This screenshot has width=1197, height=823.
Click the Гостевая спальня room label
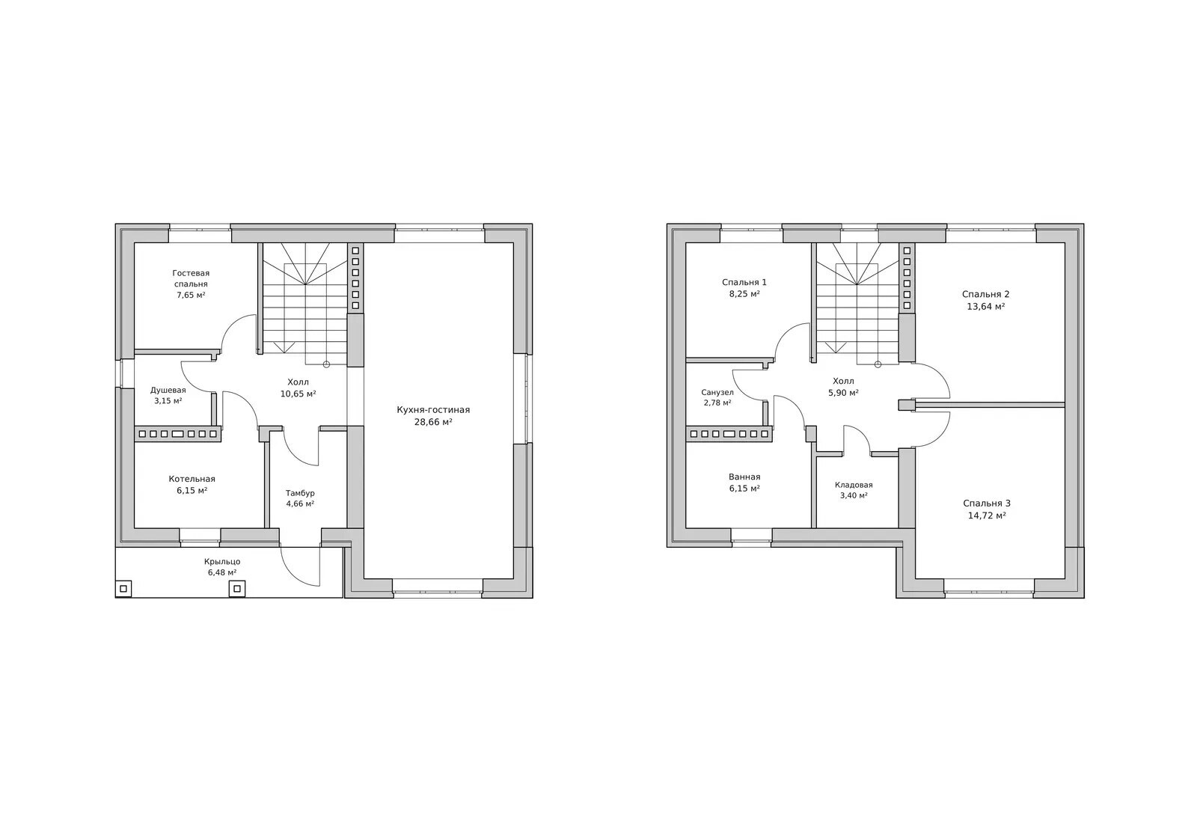pyautogui.click(x=191, y=278)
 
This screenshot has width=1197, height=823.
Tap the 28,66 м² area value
pyautogui.click(x=433, y=422)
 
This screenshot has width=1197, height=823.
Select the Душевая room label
pyautogui.click(x=168, y=390)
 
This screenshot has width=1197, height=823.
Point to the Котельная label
pyautogui.click(x=192, y=479)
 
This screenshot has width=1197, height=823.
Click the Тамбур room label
pyautogui.click(x=300, y=493)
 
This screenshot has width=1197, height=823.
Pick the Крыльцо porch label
pyautogui.click(x=222, y=562)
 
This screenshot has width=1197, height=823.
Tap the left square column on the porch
pyautogui.click(x=123, y=589)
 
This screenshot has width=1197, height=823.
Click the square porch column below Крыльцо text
pyautogui.click(x=237, y=589)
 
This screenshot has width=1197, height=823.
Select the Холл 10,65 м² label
pyautogui.click(x=299, y=388)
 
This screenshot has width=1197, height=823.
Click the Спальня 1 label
pyautogui.click(x=744, y=282)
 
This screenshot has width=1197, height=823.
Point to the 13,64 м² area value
pyautogui.click(x=986, y=307)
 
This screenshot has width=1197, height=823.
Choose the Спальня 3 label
pyautogui.click(x=987, y=504)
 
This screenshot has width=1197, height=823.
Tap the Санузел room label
pyautogui.click(x=717, y=392)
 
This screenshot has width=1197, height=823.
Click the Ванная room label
pyautogui.click(x=744, y=477)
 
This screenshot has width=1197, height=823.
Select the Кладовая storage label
pyautogui.click(x=854, y=486)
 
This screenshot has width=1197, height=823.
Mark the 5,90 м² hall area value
pyautogui.click(x=843, y=393)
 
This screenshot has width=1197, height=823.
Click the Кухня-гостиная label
pyautogui.click(x=433, y=410)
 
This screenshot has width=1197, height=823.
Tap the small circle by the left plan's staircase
pyautogui.click(x=326, y=364)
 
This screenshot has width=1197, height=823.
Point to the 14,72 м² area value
pyautogui.click(x=987, y=515)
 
